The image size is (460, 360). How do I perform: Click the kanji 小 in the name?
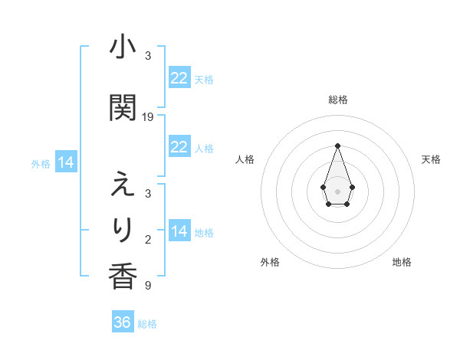point(123,48)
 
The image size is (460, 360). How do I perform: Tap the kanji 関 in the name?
point(123,109)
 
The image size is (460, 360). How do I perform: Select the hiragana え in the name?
point(123,186)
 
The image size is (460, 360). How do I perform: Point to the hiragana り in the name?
point(123,229)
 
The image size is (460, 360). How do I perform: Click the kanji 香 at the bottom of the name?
point(123,275)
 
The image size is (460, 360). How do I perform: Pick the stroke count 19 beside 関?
point(148,117)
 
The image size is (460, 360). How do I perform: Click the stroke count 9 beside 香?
point(148,286)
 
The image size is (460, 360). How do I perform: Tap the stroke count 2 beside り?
point(148,240)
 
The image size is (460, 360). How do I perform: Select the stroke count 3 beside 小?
point(148,56)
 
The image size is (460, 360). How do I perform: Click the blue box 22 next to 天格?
point(179,78)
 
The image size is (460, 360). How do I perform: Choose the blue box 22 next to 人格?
point(179,147)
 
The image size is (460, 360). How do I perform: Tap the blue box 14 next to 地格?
point(179,231)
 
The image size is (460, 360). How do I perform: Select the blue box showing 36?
point(123,322)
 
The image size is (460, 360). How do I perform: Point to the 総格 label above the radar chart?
point(337,100)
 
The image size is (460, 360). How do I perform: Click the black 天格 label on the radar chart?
point(432,159)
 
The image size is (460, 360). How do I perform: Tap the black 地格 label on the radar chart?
point(402,262)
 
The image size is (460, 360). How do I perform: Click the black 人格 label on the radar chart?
point(245,159)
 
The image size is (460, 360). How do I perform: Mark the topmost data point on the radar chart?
point(337,146)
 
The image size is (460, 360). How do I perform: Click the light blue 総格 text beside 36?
point(147,324)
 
